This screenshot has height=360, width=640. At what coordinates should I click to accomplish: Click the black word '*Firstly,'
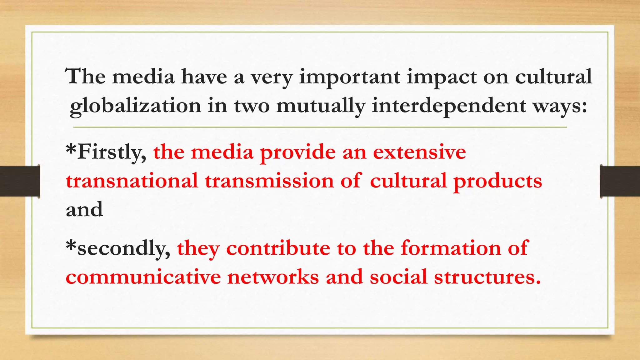tap(106, 152)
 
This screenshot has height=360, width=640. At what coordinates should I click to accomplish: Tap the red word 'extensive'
tap(419, 152)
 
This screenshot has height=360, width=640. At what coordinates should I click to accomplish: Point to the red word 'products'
tap(497, 181)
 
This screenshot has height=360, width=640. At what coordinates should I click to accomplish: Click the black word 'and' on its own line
tap(84, 209)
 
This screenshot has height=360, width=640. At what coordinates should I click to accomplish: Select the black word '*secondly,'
tap(118, 248)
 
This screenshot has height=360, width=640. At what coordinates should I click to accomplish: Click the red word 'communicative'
tap(143, 277)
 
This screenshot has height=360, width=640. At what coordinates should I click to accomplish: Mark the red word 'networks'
tap(273, 277)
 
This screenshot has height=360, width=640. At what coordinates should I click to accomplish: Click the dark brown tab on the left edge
tap(20, 181)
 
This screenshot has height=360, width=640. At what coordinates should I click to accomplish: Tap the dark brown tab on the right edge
tap(620, 181)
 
